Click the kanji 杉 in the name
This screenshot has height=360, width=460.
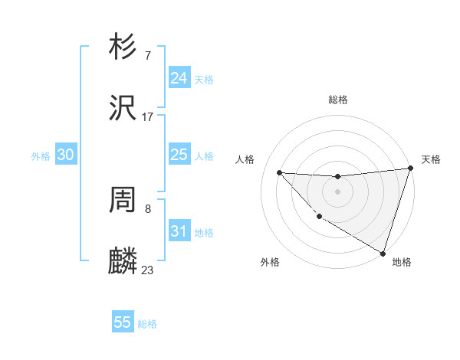click(x=123, y=47)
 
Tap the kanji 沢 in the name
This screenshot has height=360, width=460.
click(x=123, y=108)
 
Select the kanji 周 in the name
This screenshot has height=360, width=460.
click(x=123, y=200)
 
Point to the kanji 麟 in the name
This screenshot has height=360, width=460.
click(x=123, y=261)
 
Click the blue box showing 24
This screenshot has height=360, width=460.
click(x=179, y=78)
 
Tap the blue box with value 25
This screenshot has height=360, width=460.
click(x=179, y=155)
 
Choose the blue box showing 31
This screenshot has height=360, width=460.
click(x=179, y=231)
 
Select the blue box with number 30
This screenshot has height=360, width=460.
click(x=66, y=155)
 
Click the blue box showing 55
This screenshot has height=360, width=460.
click(x=123, y=322)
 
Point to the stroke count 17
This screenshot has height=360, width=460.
click(x=148, y=117)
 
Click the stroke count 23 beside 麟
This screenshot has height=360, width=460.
click(x=148, y=270)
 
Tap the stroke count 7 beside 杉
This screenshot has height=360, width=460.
click(x=148, y=55)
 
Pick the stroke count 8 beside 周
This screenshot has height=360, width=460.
click(x=148, y=208)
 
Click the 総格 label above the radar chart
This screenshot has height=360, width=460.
click(x=338, y=100)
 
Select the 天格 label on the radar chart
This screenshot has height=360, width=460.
click(x=431, y=159)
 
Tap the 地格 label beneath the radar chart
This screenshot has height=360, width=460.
click(x=402, y=262)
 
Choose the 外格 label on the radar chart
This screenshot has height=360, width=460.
click(x=270, y=262)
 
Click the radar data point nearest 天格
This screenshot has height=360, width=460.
click(x=411, y=169)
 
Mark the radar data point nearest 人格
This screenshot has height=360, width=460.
click(x=279, y=172)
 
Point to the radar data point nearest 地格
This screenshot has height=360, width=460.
click(x=382, y=252)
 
